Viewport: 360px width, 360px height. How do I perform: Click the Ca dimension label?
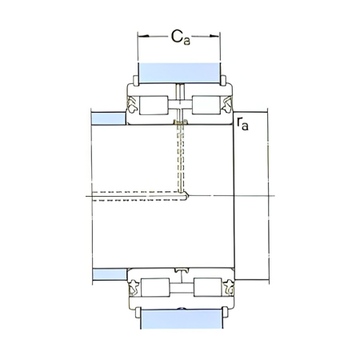(x=180, y=35)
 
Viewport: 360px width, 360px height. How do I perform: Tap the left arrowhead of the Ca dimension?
(x=142, y=36)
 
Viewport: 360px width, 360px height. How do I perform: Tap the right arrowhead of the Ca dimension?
(x=218, y=36)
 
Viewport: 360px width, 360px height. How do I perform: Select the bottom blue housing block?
(x=180, y=319)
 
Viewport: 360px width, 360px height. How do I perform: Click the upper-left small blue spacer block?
(x=109, y=118)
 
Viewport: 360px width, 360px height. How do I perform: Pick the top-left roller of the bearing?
(x=154, y=104)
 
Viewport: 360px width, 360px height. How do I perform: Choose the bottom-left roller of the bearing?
(x=154, y=288)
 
